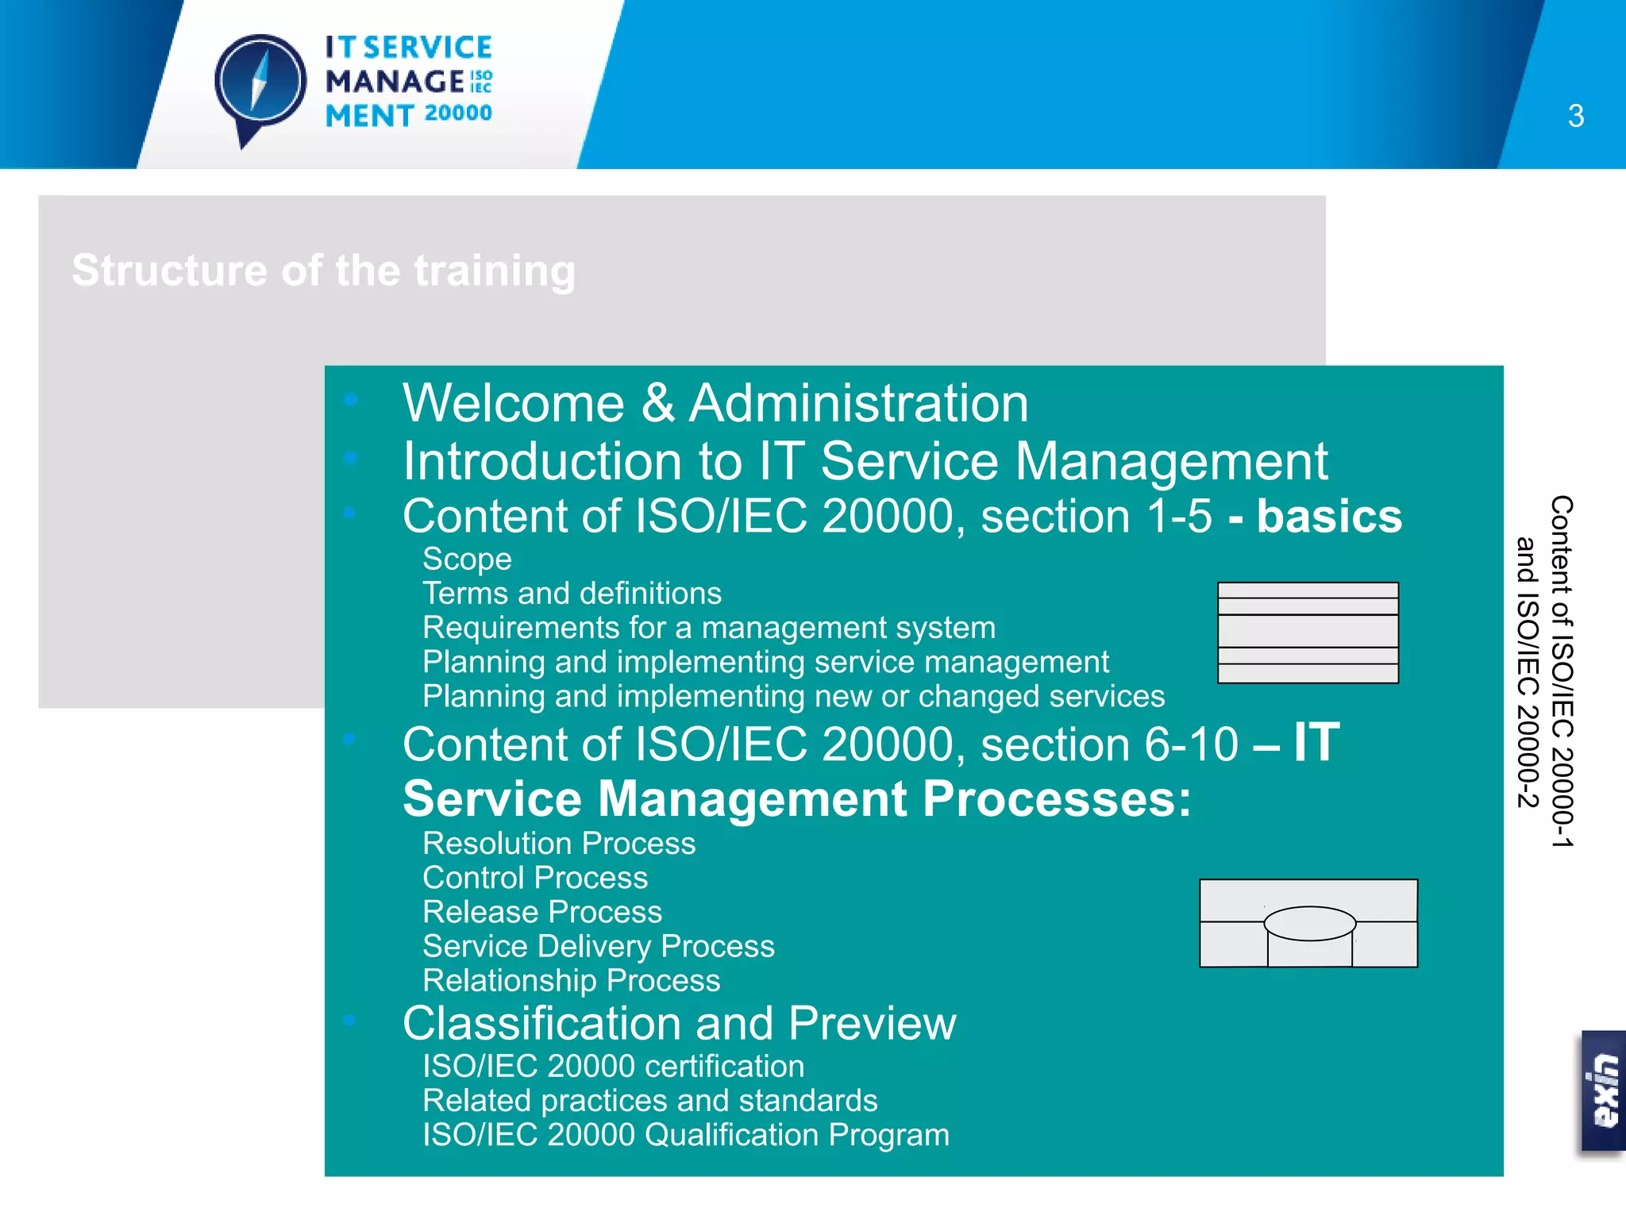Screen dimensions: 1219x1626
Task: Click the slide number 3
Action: click(1575, 117)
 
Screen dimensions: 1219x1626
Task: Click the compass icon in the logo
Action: click(260, 83)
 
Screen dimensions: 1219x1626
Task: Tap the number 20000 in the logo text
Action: click(458, 113)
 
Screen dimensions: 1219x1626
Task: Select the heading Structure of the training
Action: click(324, 271)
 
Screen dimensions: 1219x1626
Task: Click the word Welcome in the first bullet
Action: click(513, 403)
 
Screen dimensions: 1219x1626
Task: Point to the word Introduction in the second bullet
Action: click(542, 461)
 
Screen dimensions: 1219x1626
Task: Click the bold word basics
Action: click(1329, 517)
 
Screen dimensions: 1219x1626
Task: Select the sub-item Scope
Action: click(467, 559)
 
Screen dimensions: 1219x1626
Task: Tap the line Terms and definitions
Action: click(572, 594)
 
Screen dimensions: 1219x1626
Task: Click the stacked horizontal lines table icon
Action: click(1308, 633)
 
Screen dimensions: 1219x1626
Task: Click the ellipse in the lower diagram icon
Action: click(1309, 923)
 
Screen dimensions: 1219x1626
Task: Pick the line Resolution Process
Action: click(559, 844)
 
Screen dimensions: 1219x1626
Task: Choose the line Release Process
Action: click(542, 912)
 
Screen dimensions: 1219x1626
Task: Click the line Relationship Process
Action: click(571, 981)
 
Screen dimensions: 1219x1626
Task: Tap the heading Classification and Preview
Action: click(679, 1023)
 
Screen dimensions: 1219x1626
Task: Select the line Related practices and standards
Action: click(649, 1101)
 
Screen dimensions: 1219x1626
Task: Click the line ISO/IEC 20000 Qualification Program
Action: click(685, 1135)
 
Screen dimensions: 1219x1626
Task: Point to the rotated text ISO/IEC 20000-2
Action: click(1528, 673)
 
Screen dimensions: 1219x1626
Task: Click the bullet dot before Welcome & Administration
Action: click(350, 400)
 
